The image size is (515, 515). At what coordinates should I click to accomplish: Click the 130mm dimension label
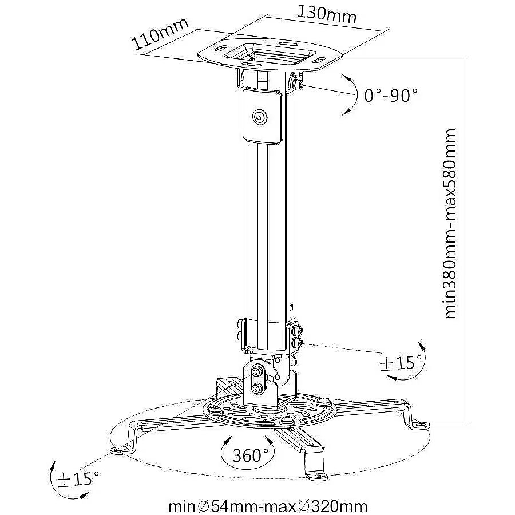pyautogui.click(x=327, y=14)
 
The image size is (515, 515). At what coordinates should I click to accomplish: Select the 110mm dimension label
pyautogui.click(x=160, y=34)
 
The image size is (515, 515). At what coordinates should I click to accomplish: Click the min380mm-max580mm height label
pyautogui.click(x=450, y=223)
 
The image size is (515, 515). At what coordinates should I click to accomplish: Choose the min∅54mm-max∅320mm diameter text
pyautogui.click(x=267, y=507)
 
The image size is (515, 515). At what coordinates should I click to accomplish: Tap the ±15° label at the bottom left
pyautogui.click(x=78, y=479)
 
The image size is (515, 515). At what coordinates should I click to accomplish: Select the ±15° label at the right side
pyautogui.click(x=401, y=363)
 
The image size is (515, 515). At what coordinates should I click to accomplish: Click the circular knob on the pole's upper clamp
pyautogui.click(x=260, y=117)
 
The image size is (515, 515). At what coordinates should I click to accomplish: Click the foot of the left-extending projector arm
pyautogui.click(x=121, y=449)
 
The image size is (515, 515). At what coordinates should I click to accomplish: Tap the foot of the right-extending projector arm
pyautogui.click(x=420, y=425)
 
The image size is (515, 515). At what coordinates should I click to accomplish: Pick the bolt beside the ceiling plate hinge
pyautogui.click(x=298, y=85)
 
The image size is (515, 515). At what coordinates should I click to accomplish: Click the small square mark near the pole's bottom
pyautogui.click(x=291, y=308)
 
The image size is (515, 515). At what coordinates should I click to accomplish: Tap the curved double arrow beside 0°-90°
pyautogui.click(x=353, y=94)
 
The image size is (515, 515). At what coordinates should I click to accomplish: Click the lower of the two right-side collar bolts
pyautogui.click(x=298, y=343)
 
